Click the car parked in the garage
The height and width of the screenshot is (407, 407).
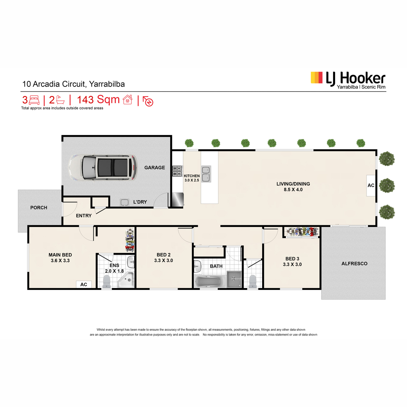(103, 168)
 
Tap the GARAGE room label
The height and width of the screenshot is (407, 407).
(154, 168)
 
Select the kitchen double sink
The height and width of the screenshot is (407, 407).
(206, 174)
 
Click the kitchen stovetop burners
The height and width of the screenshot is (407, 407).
(177, 171)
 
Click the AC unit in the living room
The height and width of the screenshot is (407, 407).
(371, 186)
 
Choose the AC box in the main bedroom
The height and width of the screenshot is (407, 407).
(84, 284)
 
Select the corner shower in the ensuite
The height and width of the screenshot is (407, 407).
(126, 280)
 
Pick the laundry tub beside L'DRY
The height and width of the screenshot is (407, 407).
(124, 202)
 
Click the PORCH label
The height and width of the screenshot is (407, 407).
(39, 208)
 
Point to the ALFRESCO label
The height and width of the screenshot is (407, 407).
(354, 264)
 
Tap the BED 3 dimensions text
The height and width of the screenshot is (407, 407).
(292, 264)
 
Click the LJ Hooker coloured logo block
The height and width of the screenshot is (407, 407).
(316, 78)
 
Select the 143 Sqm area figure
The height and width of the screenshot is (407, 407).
(98, 99)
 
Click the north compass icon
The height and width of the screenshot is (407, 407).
(148, 101)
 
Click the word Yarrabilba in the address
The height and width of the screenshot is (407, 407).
(107, 84)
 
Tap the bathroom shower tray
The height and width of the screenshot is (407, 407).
(234, 279)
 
